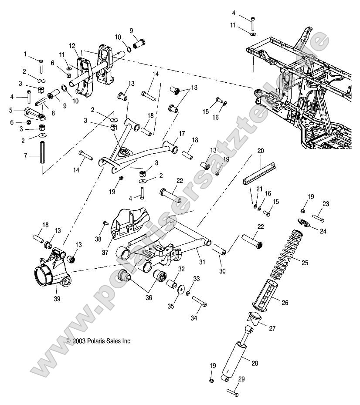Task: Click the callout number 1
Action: [x=25, y=54]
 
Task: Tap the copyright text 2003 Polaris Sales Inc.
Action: [x=98, y=341]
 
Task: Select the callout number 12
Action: [x=71, y=45]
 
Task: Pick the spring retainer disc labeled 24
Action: [x=305, y=222]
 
